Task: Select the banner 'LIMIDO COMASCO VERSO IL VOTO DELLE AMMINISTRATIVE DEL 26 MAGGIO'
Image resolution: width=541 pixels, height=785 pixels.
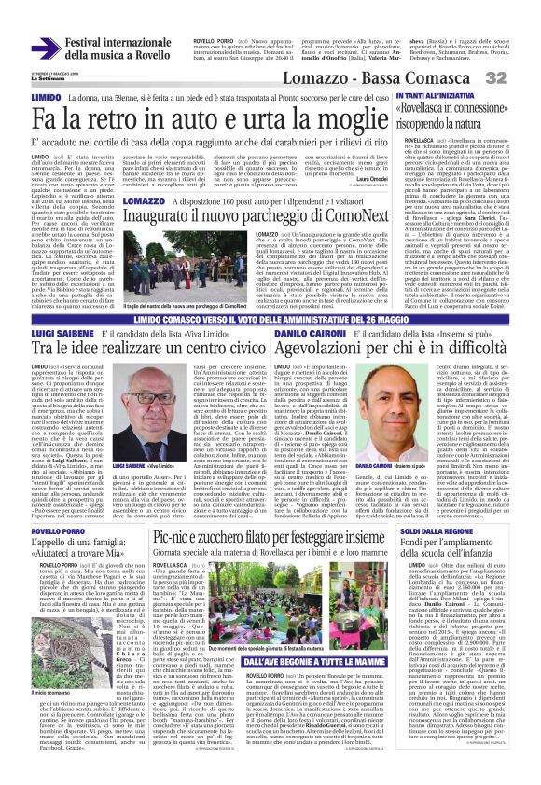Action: [x=270, y=318]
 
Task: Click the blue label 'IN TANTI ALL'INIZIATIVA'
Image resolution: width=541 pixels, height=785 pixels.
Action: [x=437, y=97]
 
